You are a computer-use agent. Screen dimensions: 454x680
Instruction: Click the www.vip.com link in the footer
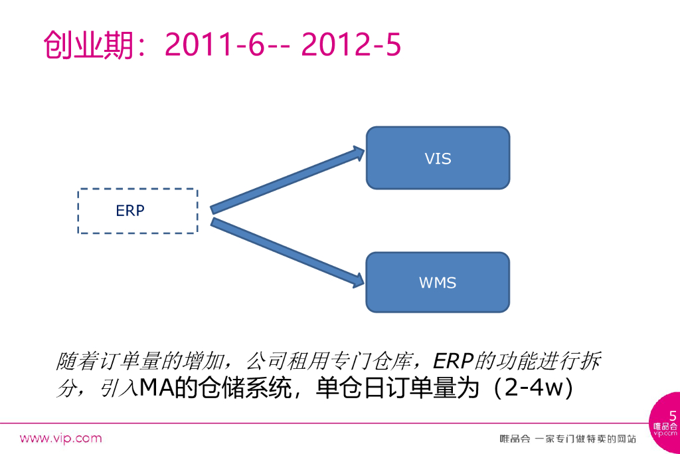point(60,438)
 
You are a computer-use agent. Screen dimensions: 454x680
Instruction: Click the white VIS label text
point(438,159)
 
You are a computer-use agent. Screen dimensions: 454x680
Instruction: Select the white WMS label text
point(438,283)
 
